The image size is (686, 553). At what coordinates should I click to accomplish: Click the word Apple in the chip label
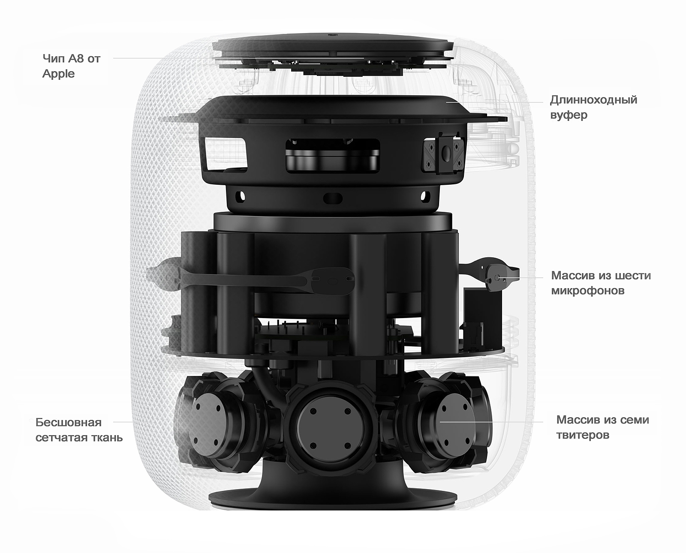click(x=58, y=74)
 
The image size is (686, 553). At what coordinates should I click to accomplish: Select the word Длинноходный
click(x=593, y=100)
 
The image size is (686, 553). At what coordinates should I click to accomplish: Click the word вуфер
click(x=569, y=115)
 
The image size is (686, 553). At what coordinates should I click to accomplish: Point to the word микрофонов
click(x=588, y=291)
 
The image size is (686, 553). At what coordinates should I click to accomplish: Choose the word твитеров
click(x=583, y=435)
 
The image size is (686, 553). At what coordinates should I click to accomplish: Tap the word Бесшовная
click(x=69, y=422)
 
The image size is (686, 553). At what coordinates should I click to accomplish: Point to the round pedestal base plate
click(x=332, y=500)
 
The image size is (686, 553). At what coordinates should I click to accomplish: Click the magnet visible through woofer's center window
click(x=332, y=159)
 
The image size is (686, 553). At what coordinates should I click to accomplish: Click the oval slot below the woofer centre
click(x=333, y=198)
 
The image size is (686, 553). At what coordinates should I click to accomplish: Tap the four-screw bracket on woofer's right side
click(x=443, y=154)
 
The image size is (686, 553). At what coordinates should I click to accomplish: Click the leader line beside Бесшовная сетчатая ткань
click(x=123, y=422)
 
